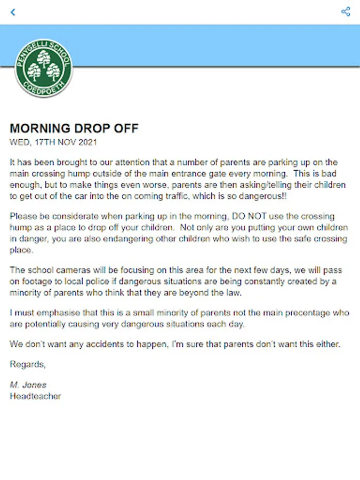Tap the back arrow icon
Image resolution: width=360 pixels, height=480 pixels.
(x=13, y=12)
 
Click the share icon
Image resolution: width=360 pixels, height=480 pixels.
(x=346, y=11)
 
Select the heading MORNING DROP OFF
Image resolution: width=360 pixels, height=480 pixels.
(x=74, y=129)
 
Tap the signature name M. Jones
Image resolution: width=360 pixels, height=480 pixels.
(x=28, y=385)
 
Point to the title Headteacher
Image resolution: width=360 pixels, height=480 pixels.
(x=35, y=396)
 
